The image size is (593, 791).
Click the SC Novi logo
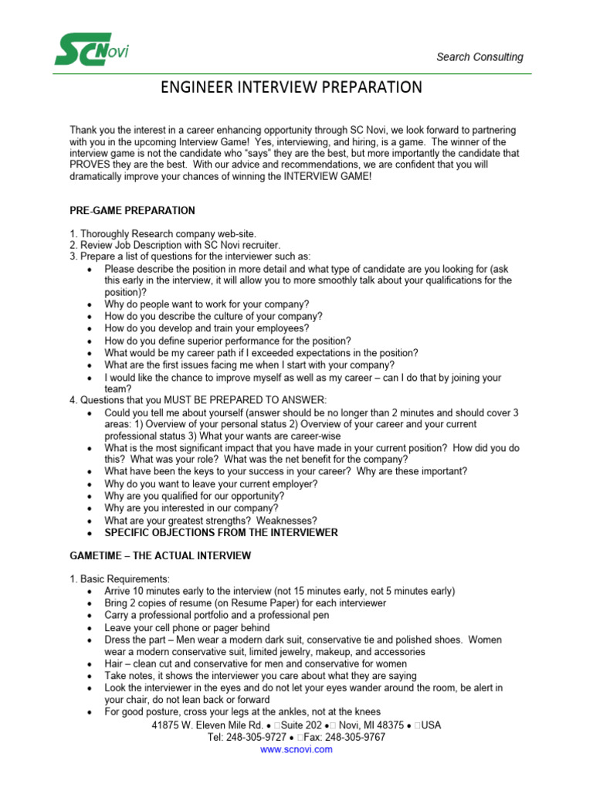pyautogui.click(x=91, y=49)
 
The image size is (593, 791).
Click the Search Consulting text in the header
pyautogui.click(x=479, y=57)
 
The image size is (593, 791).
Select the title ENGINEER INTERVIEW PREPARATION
pyautogui.click(x=291, y=87)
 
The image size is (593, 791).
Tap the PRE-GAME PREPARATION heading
pyautogui.click(x=132, y=211)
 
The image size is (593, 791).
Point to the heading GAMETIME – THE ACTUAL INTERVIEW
pyautogui.click(x=160, y=556)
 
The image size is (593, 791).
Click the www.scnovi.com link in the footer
pyautogui.click(x=296, y=749)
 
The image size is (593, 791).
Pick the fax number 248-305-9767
pyautogui.click(x=354, y=738)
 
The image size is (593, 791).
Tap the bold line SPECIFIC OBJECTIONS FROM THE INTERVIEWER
pyautogui.click(x=221, y=533)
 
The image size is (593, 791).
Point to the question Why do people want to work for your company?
pyautogui.click(x=207, y=304)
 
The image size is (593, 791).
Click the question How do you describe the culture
pyautogui.click(x=213, y=317)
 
